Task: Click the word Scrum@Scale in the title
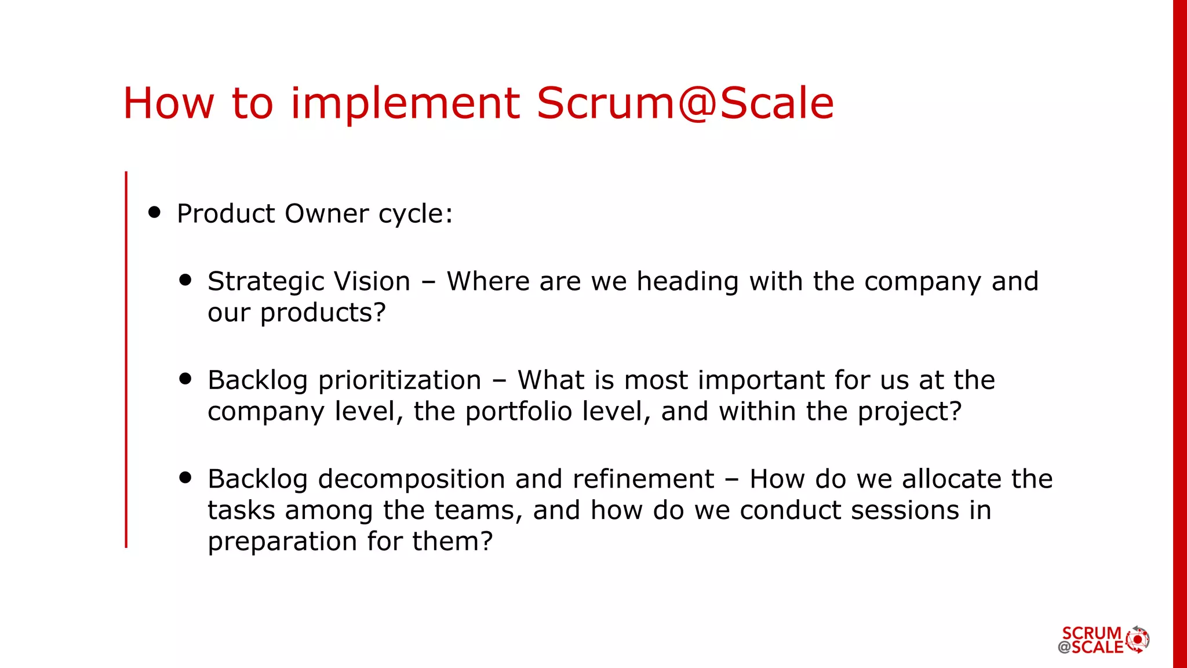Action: (684, 103)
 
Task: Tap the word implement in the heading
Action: (405, 103)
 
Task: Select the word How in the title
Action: (169, 103)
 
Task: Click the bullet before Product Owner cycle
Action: (154, 212)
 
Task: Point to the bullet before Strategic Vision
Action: (185, 280)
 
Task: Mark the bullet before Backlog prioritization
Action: (185, 379)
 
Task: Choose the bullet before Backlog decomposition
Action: (185, 477)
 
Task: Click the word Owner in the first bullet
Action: (326, 213)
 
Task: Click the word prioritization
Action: (400, 380)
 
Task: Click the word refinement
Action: (643, 479)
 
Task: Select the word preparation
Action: (282, 542)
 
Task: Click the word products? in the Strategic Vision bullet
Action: (323, 314)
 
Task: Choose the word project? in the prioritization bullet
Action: (909, 412)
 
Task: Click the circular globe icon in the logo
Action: (1138, 640)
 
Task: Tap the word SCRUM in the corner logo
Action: (1092, 633)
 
